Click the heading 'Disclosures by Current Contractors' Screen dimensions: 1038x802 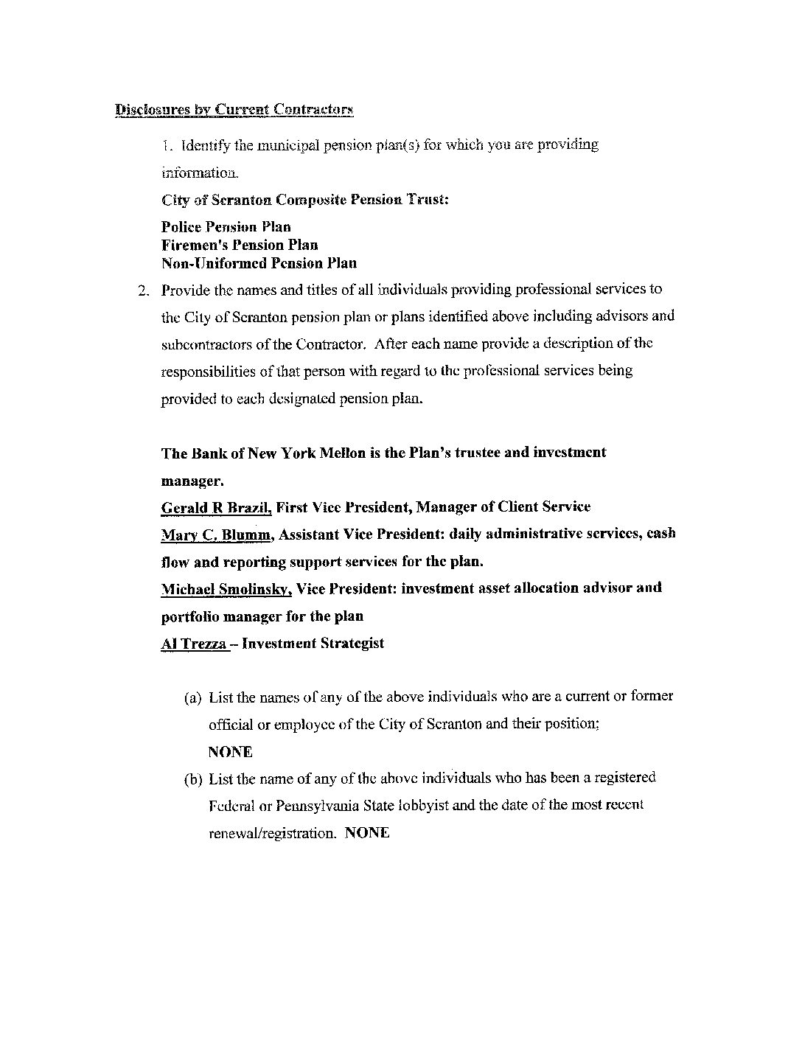click(x=234, y=110)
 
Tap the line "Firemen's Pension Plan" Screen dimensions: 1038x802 click(x=240, y=245)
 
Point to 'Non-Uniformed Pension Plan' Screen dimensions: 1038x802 click(x=259, y=263)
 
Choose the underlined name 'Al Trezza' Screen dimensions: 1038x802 click(x=193, y=644)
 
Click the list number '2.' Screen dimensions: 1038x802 click(x=144, y=290)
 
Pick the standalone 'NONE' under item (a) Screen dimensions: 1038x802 click(x=230, y=752)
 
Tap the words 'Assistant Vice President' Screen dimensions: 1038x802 click(x=362, y=534)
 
